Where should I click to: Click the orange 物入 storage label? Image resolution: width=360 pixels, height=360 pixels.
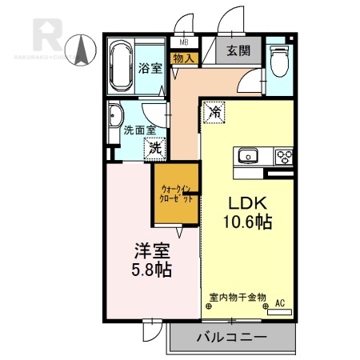coord(184,58)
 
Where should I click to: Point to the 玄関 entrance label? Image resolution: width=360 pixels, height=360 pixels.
coord(237,50)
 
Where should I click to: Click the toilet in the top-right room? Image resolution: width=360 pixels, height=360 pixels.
coord(279,60)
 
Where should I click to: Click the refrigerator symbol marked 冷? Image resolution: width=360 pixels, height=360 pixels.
coord(214,114)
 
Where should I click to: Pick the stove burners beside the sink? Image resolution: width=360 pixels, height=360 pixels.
coord(283,154)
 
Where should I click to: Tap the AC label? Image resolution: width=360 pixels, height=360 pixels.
coord(280,303)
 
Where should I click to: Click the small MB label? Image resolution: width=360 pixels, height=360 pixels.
coord(184,42)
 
